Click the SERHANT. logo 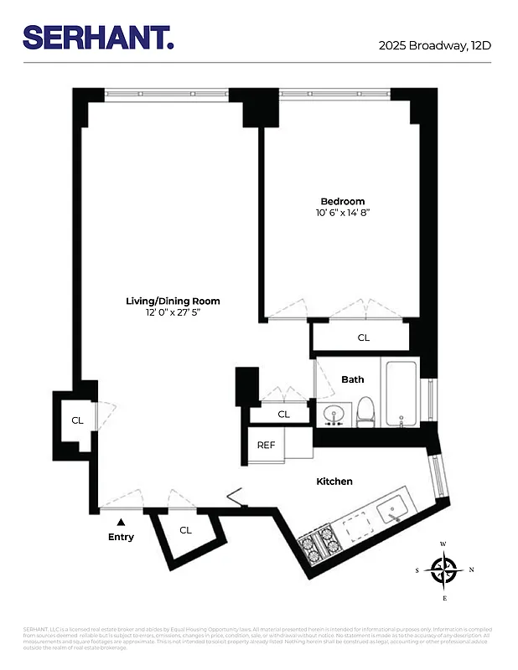tap(98, 38)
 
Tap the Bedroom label tap(343, 201)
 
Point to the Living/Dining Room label tap(173, 301)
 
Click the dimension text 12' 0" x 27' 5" tap(173, 313)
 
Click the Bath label tap(353, 379)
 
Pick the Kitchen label tap(334, 482)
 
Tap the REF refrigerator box tap(267, 446)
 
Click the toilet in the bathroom tap(365, 411)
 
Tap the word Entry tap(121, 537)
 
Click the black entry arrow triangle tap(121, 522)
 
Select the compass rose tap(443, 570)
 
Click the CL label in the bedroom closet tap(363, 338)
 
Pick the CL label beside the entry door tap(185, 530)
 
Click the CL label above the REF tap(283, 414)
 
